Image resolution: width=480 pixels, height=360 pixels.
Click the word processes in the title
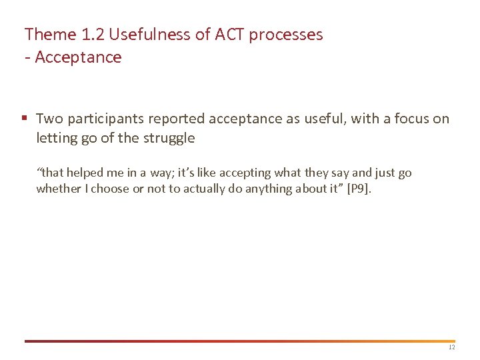[287, 35]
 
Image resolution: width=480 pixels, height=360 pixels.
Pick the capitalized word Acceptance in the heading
[78, 57]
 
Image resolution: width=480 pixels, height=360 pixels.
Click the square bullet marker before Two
[24, 119]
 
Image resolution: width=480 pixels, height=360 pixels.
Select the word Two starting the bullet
[49, 119]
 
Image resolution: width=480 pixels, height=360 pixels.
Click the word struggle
[171, 139]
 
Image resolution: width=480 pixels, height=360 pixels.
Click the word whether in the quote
[57, 189]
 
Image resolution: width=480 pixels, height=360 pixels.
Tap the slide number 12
[451, 347]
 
